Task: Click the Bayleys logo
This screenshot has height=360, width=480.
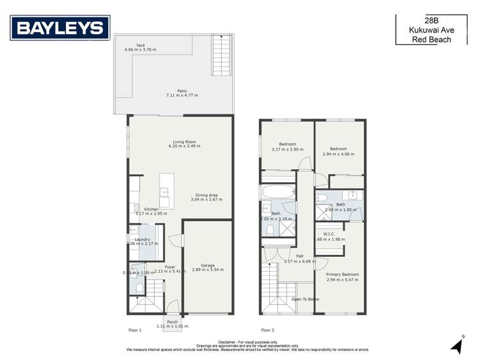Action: click(60, 28)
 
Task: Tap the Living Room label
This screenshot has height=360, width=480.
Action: click(184, 142)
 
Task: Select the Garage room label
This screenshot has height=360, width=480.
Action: click(207, 265)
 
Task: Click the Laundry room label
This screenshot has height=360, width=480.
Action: click(142, 240)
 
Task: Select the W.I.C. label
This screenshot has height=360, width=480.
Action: click(329, 234)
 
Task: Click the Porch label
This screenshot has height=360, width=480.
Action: click(172, 322)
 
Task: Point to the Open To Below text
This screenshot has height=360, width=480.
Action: click(305, 299)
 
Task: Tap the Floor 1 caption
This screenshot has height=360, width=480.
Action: click(135, 330)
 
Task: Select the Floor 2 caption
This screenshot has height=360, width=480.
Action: click(267, 330)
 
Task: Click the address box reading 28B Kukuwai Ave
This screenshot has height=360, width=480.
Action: click(431, 30)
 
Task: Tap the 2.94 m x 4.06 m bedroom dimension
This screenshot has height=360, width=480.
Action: click(338, 154)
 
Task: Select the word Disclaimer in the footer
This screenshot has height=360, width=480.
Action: click(228, 342)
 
